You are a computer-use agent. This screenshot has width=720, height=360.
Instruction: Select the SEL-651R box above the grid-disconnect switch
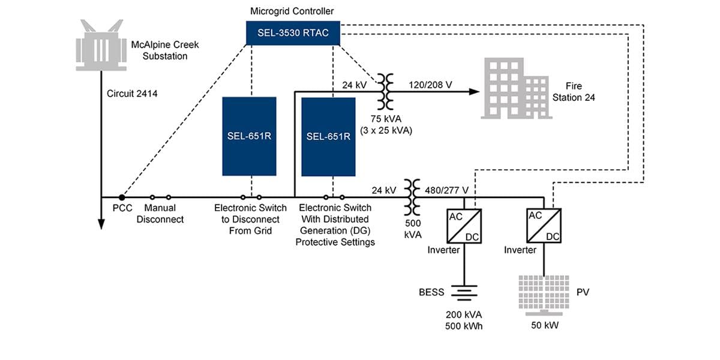click(x=249, y=136)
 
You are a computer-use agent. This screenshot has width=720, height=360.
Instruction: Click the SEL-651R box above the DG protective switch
click(x=328, y=136)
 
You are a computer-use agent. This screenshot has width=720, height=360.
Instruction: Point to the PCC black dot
click(x=122, y=197)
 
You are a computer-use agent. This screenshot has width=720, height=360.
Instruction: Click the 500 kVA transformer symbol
click(x=412, y=197)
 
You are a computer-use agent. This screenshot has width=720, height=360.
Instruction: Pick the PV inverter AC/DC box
click(x=544, y=225)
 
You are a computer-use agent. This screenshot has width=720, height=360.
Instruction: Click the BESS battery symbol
click(x=464, y=293)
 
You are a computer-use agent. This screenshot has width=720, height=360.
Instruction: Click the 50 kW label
click(x=545, y=325)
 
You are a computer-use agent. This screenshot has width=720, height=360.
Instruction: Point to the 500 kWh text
click(x=464, y=326)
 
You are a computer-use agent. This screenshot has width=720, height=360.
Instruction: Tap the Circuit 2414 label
click(x=132, y=94)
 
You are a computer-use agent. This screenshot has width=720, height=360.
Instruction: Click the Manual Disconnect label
click(x=160, y=214)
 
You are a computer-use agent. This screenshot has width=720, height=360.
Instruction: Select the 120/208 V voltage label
click(x=431, y=85)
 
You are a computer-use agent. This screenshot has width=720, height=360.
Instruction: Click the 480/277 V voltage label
click(x=446, y=190)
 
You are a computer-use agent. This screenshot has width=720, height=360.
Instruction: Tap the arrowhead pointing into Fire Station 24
click(x=475, y=92)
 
